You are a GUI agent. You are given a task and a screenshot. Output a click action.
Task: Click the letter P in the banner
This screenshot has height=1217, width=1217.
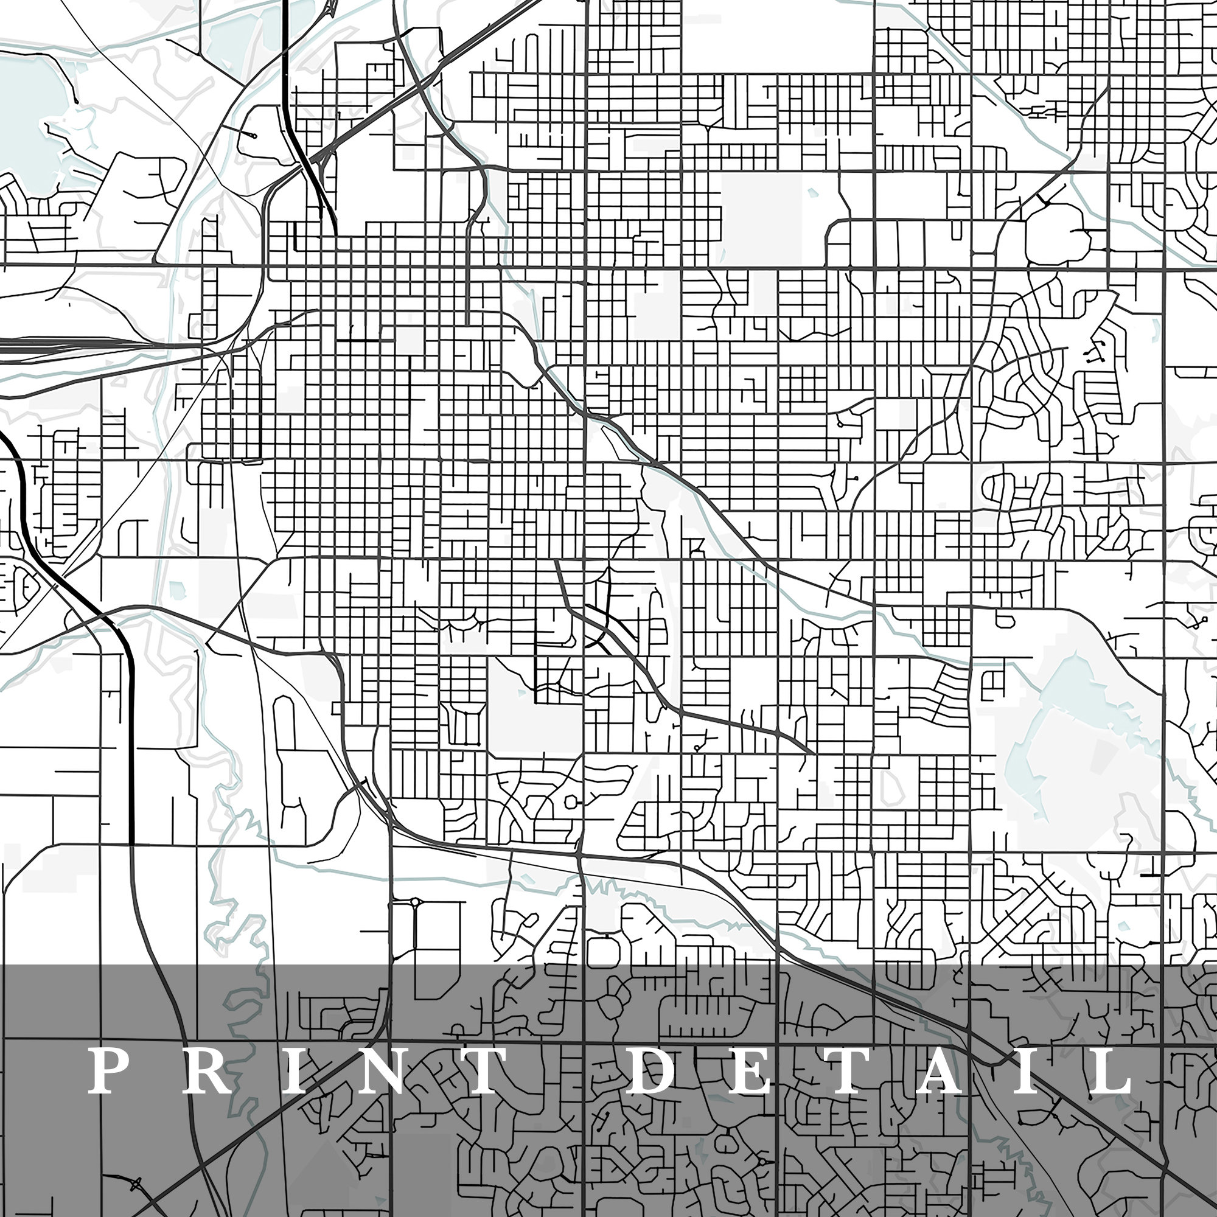click(x=107, y=1071)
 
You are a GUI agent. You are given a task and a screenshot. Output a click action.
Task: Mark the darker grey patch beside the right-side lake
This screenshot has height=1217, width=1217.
click(x=1103, y=755)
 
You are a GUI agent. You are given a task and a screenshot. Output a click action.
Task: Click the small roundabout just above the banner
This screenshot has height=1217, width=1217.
click(x=415, y=902)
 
